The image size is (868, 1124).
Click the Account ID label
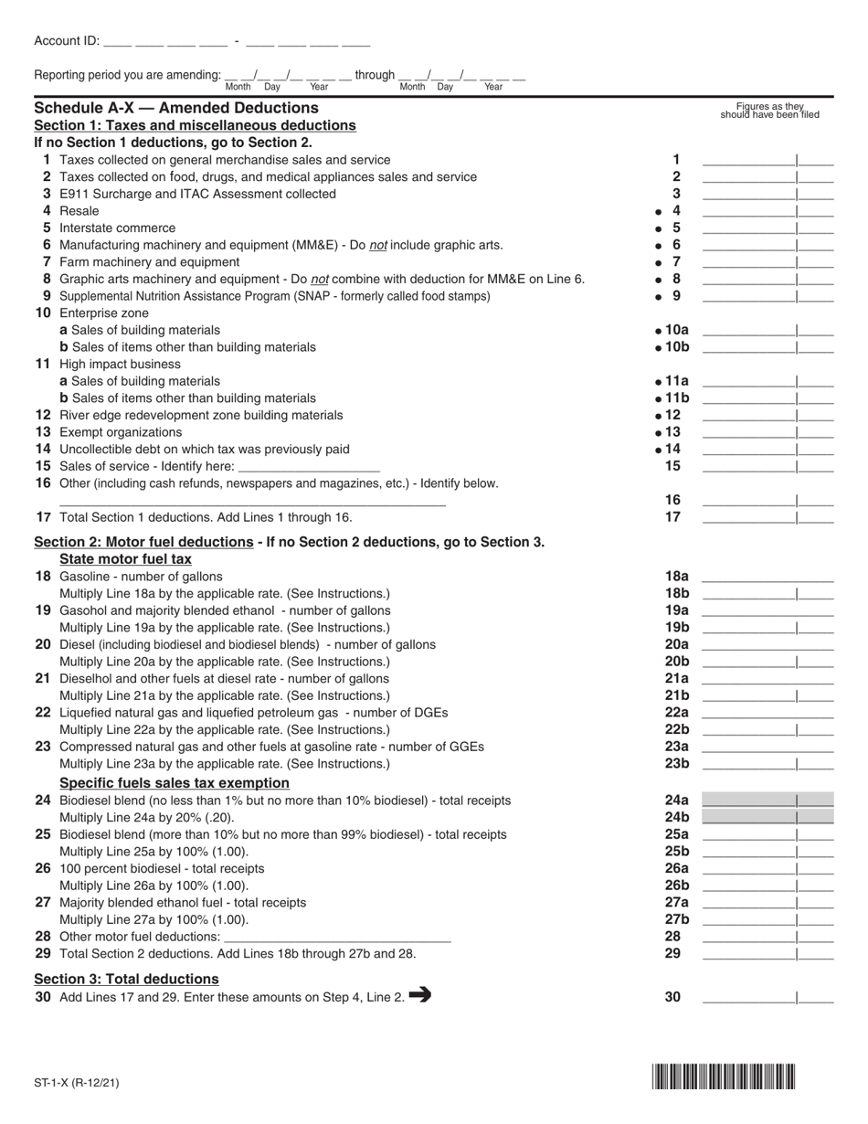pos(66,41)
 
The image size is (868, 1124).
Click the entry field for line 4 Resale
pos(767,211)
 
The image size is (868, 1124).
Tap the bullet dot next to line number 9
pos(659,297)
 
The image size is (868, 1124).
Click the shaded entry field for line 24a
pos(767,800)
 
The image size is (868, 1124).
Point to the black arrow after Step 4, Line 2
pos(420,996)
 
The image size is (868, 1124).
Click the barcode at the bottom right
pos(723,1076)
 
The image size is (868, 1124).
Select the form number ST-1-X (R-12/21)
pos(77,1084)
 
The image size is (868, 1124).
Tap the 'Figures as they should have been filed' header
pos(769,111)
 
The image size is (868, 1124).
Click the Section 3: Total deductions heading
pos(126,979)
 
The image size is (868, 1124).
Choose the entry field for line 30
pos(767,998)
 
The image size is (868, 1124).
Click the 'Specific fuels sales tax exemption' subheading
pos(175,783)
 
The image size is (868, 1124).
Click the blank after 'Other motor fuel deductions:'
pos(337,937)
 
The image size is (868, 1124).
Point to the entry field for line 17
pos(767,517)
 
